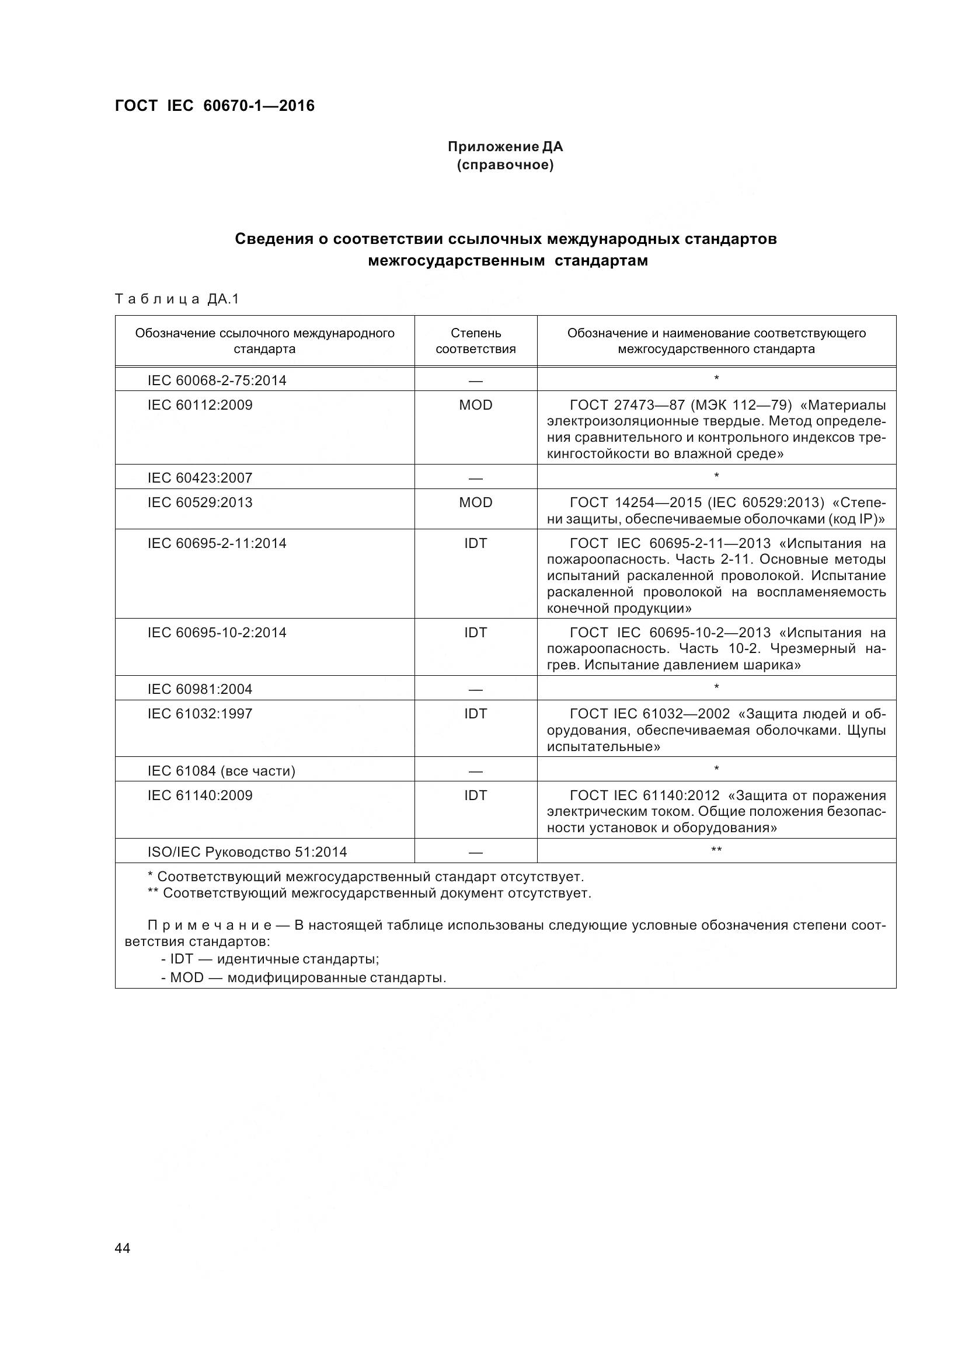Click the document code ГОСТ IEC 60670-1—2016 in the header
point(215,106)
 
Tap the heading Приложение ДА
point(505,146)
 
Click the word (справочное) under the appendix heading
point(505,165)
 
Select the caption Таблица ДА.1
point(176,299)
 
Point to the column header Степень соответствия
point(475,341)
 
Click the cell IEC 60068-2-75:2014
point(217,380)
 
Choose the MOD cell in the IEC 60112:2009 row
point(475,405)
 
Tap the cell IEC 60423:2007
point(200,478)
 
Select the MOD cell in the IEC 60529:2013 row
point(475,502)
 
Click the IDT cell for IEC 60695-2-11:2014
point(475,543)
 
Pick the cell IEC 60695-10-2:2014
point(217,633)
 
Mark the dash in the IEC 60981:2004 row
point(475,690)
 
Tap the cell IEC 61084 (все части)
point(221,771)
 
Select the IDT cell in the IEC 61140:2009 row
point(475,795)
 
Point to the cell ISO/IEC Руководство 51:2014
point(248,852)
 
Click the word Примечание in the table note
point(210,925)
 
